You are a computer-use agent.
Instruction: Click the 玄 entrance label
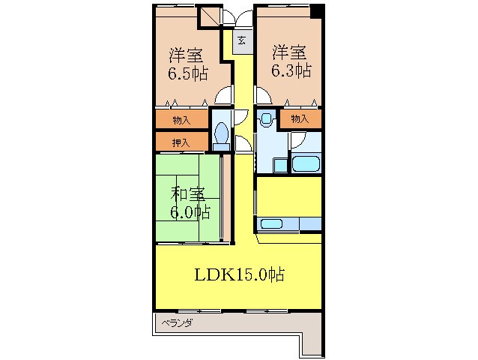coord(242,41)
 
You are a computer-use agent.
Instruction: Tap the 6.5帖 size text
coord(187,73)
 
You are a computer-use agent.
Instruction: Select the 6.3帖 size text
coord(291,70)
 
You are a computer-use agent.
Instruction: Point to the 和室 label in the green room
coord(187,193)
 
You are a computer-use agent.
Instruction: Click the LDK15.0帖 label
coord(240,274)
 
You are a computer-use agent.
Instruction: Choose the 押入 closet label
coord(181,141)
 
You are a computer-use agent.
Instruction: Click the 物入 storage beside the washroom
coord(300,118)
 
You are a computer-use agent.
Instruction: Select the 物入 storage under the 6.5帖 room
coord(181,119)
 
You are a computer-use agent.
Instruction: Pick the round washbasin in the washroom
coord(264,118)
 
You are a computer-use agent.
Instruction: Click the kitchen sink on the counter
coord(270,223)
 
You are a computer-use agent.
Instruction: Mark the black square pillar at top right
coord(317,11)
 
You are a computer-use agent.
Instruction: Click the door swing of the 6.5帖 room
coord(222,95)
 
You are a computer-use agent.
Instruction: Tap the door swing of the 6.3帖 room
coord(263,95)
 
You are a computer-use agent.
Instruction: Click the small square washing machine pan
coord(279,164)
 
